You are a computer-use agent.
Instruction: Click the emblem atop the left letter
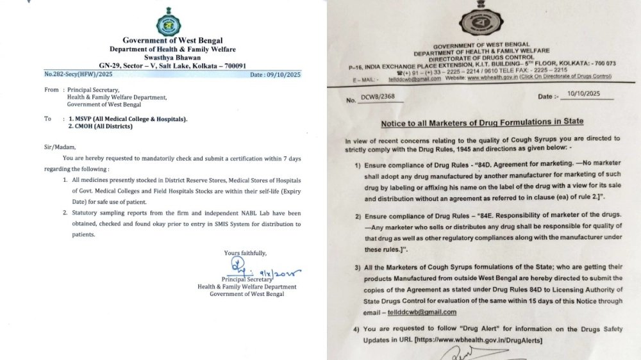168,24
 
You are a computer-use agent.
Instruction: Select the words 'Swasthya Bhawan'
169,58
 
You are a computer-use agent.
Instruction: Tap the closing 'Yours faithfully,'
246,254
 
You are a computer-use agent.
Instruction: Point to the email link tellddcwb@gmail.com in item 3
422,312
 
